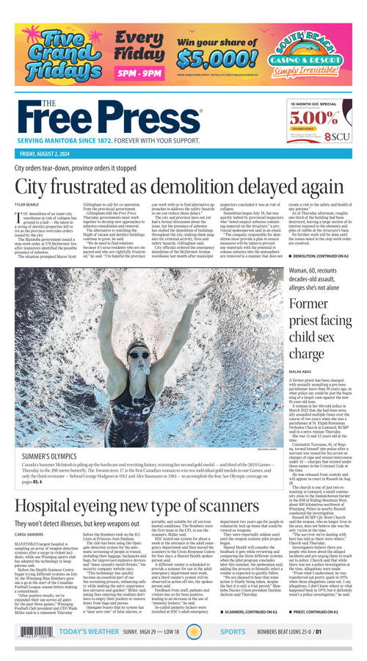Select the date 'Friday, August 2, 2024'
coord(51,153)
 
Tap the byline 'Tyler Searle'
coord(28,203)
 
